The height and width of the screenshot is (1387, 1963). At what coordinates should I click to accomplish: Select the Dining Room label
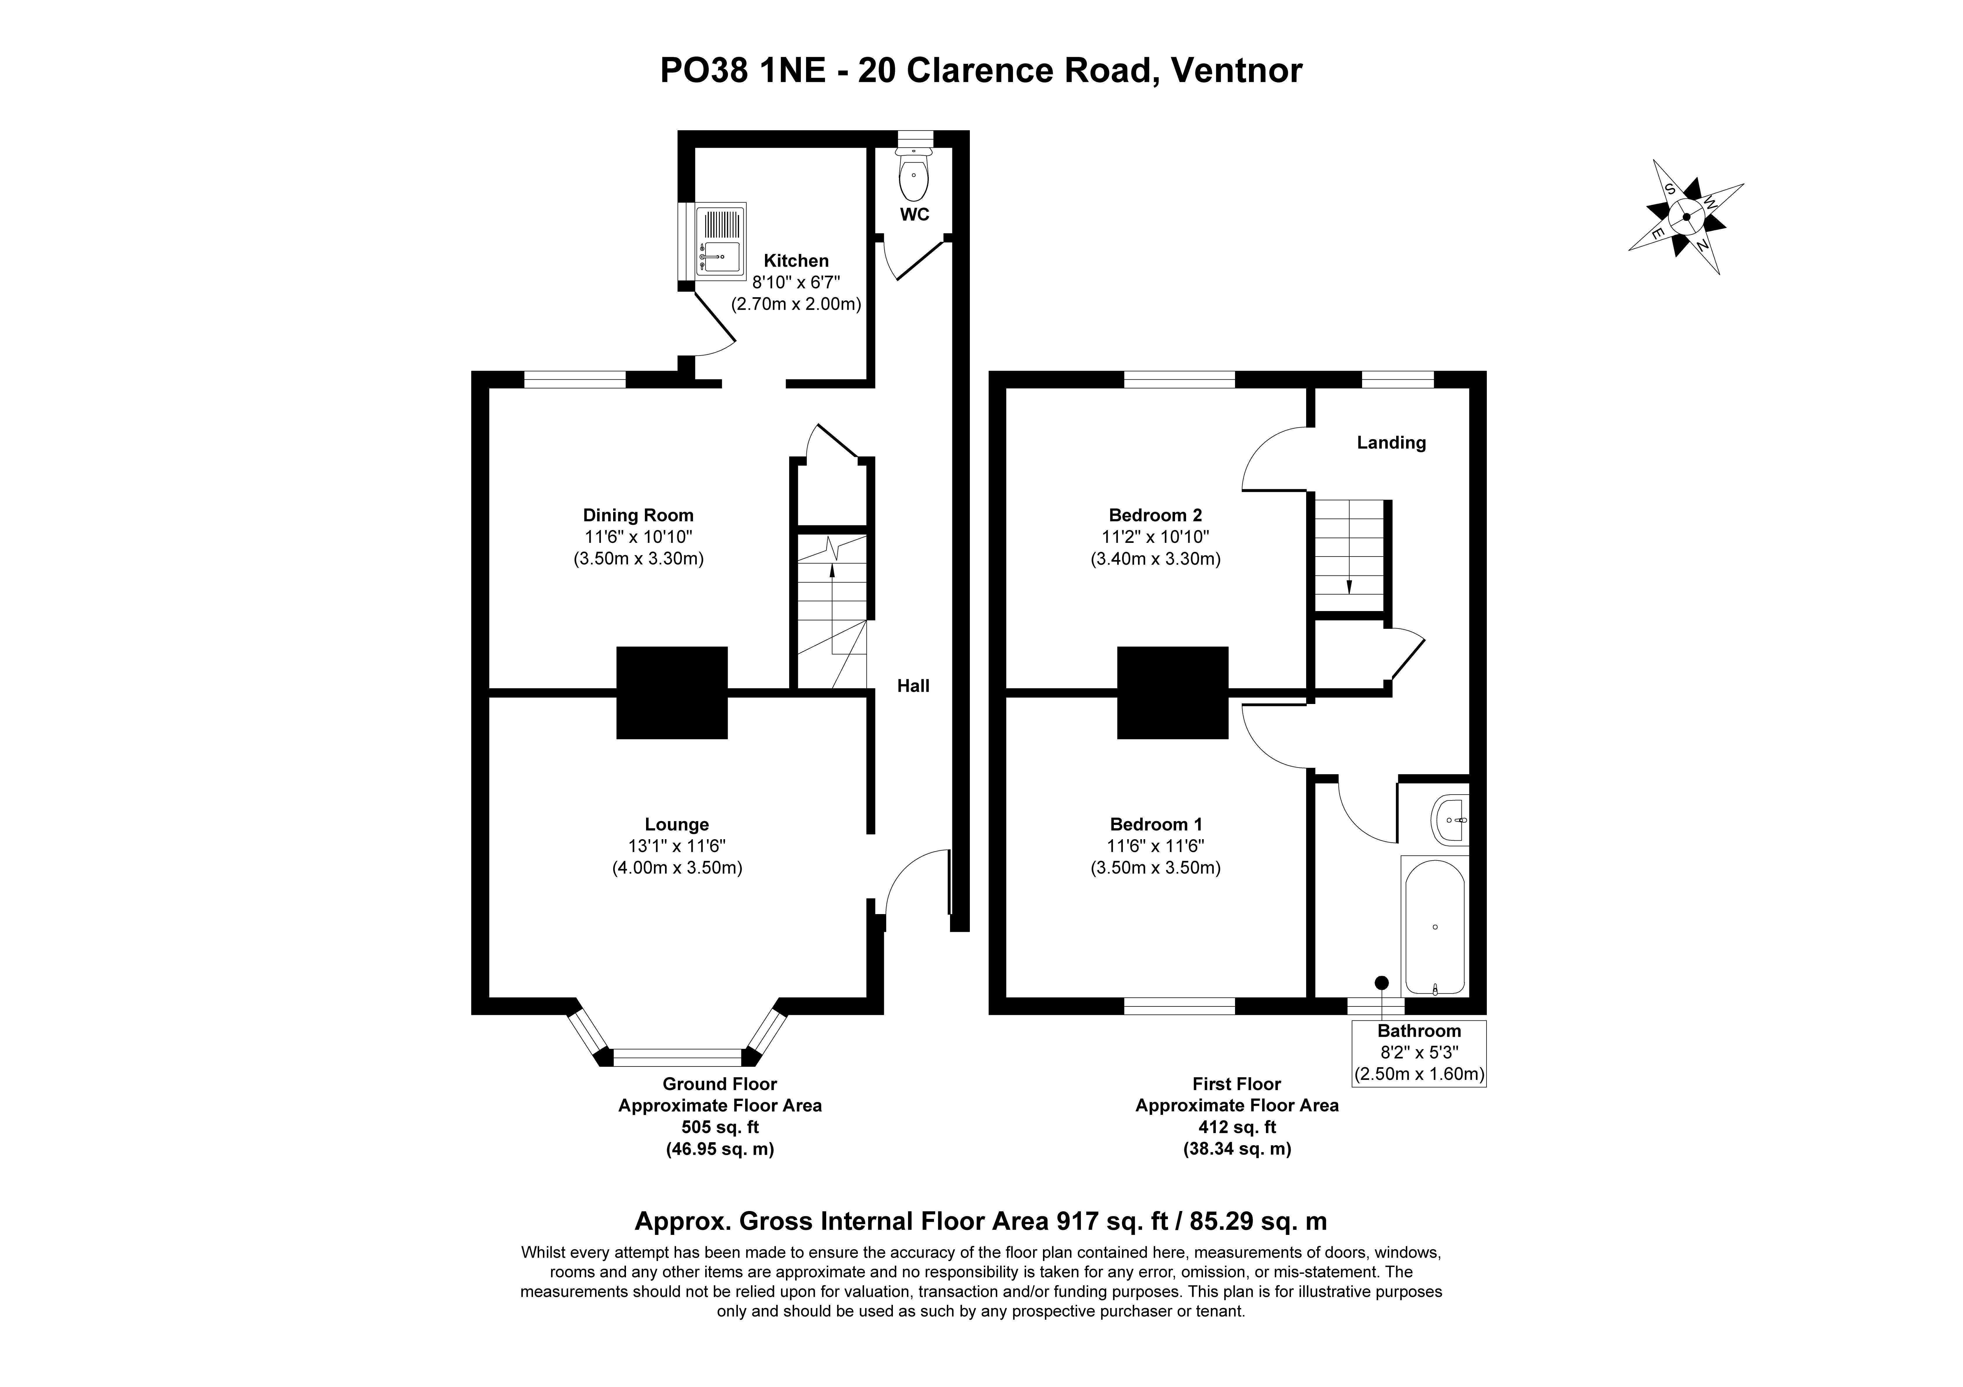pyautogui.click(x=638, y=515)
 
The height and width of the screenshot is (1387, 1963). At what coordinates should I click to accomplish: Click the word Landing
pyautogui.click(x=1391, y=442)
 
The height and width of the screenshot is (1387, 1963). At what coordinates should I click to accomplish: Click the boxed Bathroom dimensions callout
pyautogui.click(x=1418, y=1053)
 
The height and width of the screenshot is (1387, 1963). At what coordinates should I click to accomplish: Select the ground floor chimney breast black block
pyautogui.click(x=672, y=693)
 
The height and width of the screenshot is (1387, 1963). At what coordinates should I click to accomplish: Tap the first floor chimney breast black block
pyautogui.click(x=1172, y=693)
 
